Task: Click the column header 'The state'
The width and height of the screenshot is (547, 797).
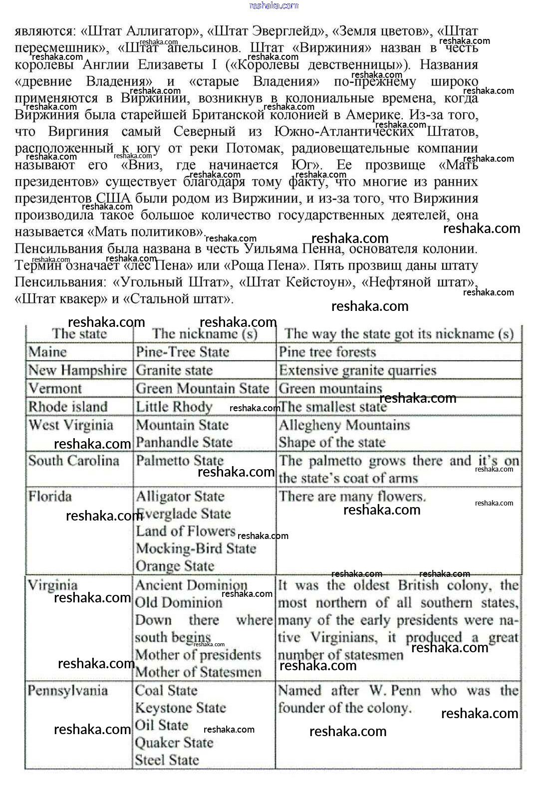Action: pos(79,334)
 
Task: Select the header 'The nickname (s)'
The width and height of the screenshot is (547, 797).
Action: pos(205,334)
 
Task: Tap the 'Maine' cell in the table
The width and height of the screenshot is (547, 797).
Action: pos(47,352)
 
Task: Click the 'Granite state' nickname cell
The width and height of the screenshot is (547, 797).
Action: pos(174,370)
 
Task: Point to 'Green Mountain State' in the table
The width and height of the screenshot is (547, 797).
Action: pos(202,388)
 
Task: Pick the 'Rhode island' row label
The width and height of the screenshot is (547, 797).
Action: pos(68,407)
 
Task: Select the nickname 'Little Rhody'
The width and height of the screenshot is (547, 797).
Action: pos(174,407)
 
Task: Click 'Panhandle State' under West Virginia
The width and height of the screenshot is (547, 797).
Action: pos(184,442)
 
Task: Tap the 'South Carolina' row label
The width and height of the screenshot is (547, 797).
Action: pos(73,460)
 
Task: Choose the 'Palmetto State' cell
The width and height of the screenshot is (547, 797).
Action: pos(180,460)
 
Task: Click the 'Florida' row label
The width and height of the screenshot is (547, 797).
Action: pos(50,497)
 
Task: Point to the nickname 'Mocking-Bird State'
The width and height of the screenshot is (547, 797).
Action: pos(196,548)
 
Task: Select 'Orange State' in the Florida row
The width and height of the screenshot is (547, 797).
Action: pos(175,566)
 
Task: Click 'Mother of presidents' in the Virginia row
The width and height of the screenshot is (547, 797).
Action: pos(198,655)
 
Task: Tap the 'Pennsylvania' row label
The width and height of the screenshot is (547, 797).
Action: pos(67,691)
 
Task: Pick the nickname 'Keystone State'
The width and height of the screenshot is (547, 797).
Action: pos(180,708)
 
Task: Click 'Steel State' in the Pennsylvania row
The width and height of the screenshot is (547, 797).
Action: pos(167,760)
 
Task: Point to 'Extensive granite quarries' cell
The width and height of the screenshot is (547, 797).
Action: pos(357,370)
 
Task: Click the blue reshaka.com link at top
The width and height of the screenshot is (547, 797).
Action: pos(273,5)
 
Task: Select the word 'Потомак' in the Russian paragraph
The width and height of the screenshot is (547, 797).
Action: pos(252,148)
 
